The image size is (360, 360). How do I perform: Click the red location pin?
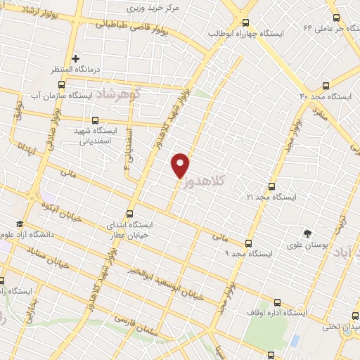pos(181,165)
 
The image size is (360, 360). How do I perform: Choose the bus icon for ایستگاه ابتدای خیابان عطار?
pos(129,213)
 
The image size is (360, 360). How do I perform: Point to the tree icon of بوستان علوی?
pos(307,234)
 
